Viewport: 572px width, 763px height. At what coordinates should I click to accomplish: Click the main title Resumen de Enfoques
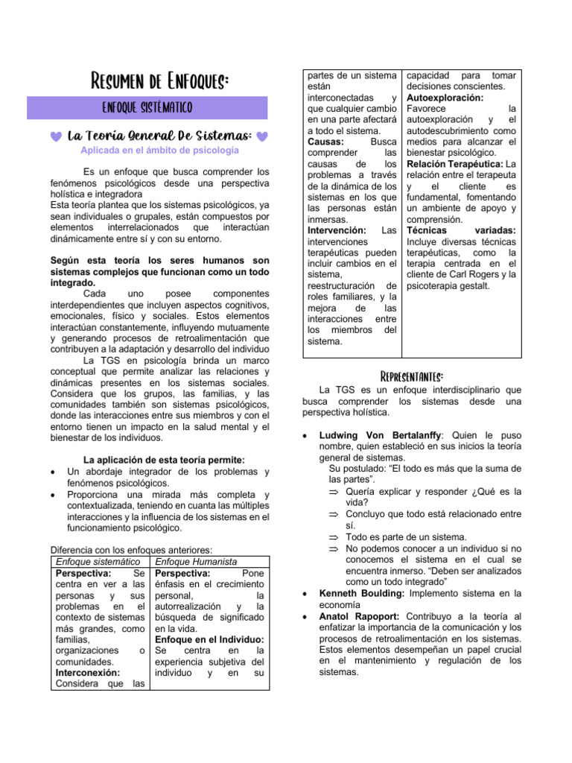[159, 80]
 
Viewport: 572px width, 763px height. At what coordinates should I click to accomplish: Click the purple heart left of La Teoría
[57, 136]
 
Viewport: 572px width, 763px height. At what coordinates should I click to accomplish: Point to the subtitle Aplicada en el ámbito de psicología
[160, 151]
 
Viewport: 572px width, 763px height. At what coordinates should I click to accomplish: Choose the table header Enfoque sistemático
[98, 561]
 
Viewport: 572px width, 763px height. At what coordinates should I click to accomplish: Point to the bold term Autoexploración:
[445, 98]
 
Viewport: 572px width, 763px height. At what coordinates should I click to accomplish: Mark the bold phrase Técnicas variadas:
[462, 230]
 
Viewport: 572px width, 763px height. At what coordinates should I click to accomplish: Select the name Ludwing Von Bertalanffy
[380, 435]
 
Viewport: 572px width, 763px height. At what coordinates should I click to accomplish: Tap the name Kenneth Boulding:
[362, 593]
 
